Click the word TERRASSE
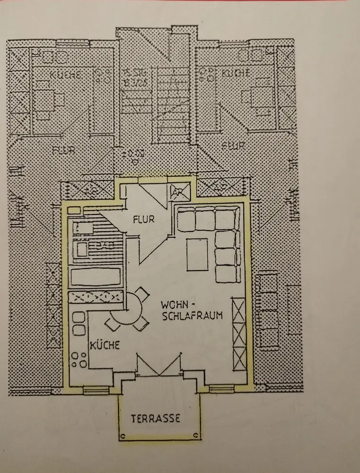(156, 419)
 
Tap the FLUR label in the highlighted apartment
(144, 219)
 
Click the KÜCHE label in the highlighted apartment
(104, 345)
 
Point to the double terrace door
(158, 366)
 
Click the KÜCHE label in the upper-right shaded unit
(235, 74)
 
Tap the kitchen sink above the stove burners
(78, 326)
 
